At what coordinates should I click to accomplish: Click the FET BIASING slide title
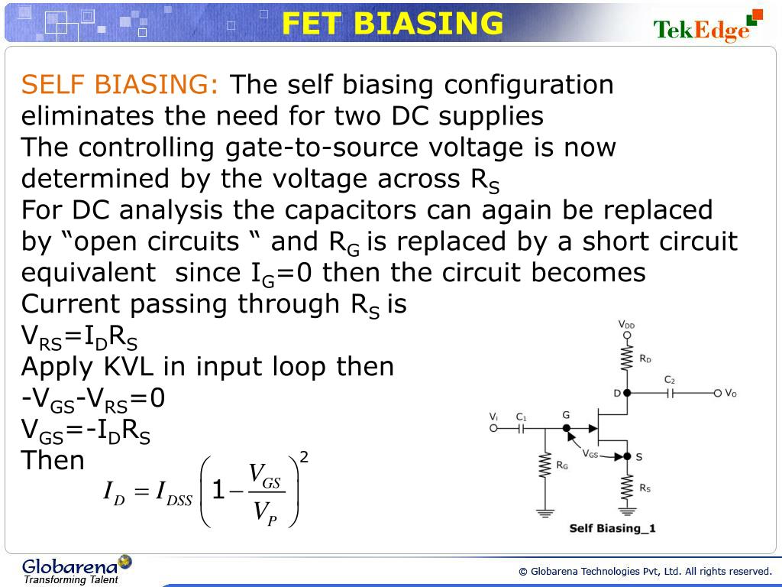click(393, 24)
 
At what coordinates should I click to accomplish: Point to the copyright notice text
click(645, 571)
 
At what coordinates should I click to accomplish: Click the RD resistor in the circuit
click(627, 358)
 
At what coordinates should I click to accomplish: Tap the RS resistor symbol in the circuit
click(627, 487)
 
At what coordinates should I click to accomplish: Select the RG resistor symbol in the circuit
click(544, 465)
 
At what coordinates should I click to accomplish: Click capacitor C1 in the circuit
click(522, 429)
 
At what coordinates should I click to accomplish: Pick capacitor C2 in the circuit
click(670, 393)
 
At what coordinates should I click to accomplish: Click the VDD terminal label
click(626, 325)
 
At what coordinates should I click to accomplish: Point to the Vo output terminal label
click(731, 393)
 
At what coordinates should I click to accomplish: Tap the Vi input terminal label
click(493, 417)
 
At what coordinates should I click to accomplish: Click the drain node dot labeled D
click(627, 393)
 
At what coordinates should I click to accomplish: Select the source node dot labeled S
click(627, 456)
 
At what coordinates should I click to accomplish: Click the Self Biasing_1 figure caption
click(612, 528)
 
